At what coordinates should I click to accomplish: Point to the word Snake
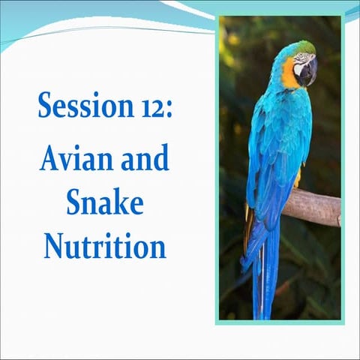coord(104,202)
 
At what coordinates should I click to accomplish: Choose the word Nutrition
coord(104,244)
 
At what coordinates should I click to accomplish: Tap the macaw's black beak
coord(308,73)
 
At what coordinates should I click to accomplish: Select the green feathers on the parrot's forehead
coord(304,48)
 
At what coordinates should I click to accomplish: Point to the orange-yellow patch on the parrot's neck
coord(290,76)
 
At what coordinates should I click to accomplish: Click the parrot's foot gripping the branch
coord(298,179)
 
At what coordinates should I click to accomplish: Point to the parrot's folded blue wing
coord(274,150)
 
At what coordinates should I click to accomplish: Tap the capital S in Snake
coord(75,202)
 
